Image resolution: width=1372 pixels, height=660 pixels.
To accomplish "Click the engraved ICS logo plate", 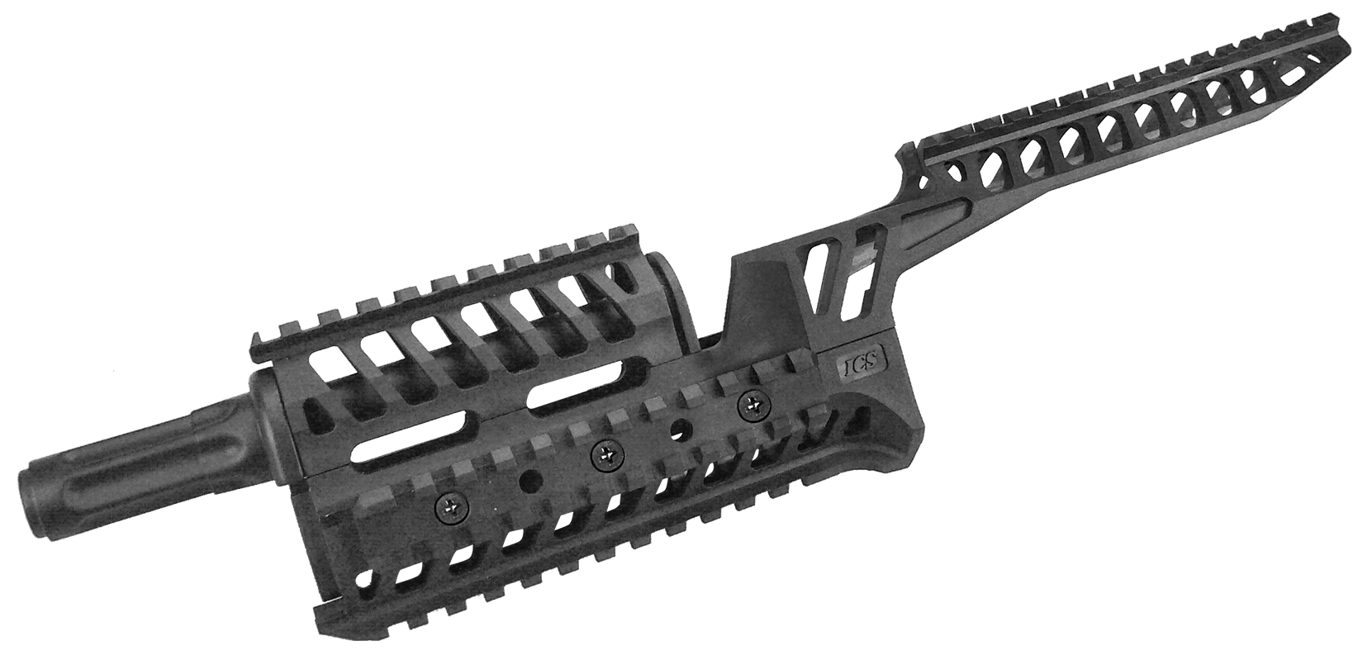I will click(x=861, y=362).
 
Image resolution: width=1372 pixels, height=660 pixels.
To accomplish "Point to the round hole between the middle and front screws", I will click(x=525, y=480).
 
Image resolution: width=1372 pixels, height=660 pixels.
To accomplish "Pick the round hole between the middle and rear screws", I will click(x=681, y=430).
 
